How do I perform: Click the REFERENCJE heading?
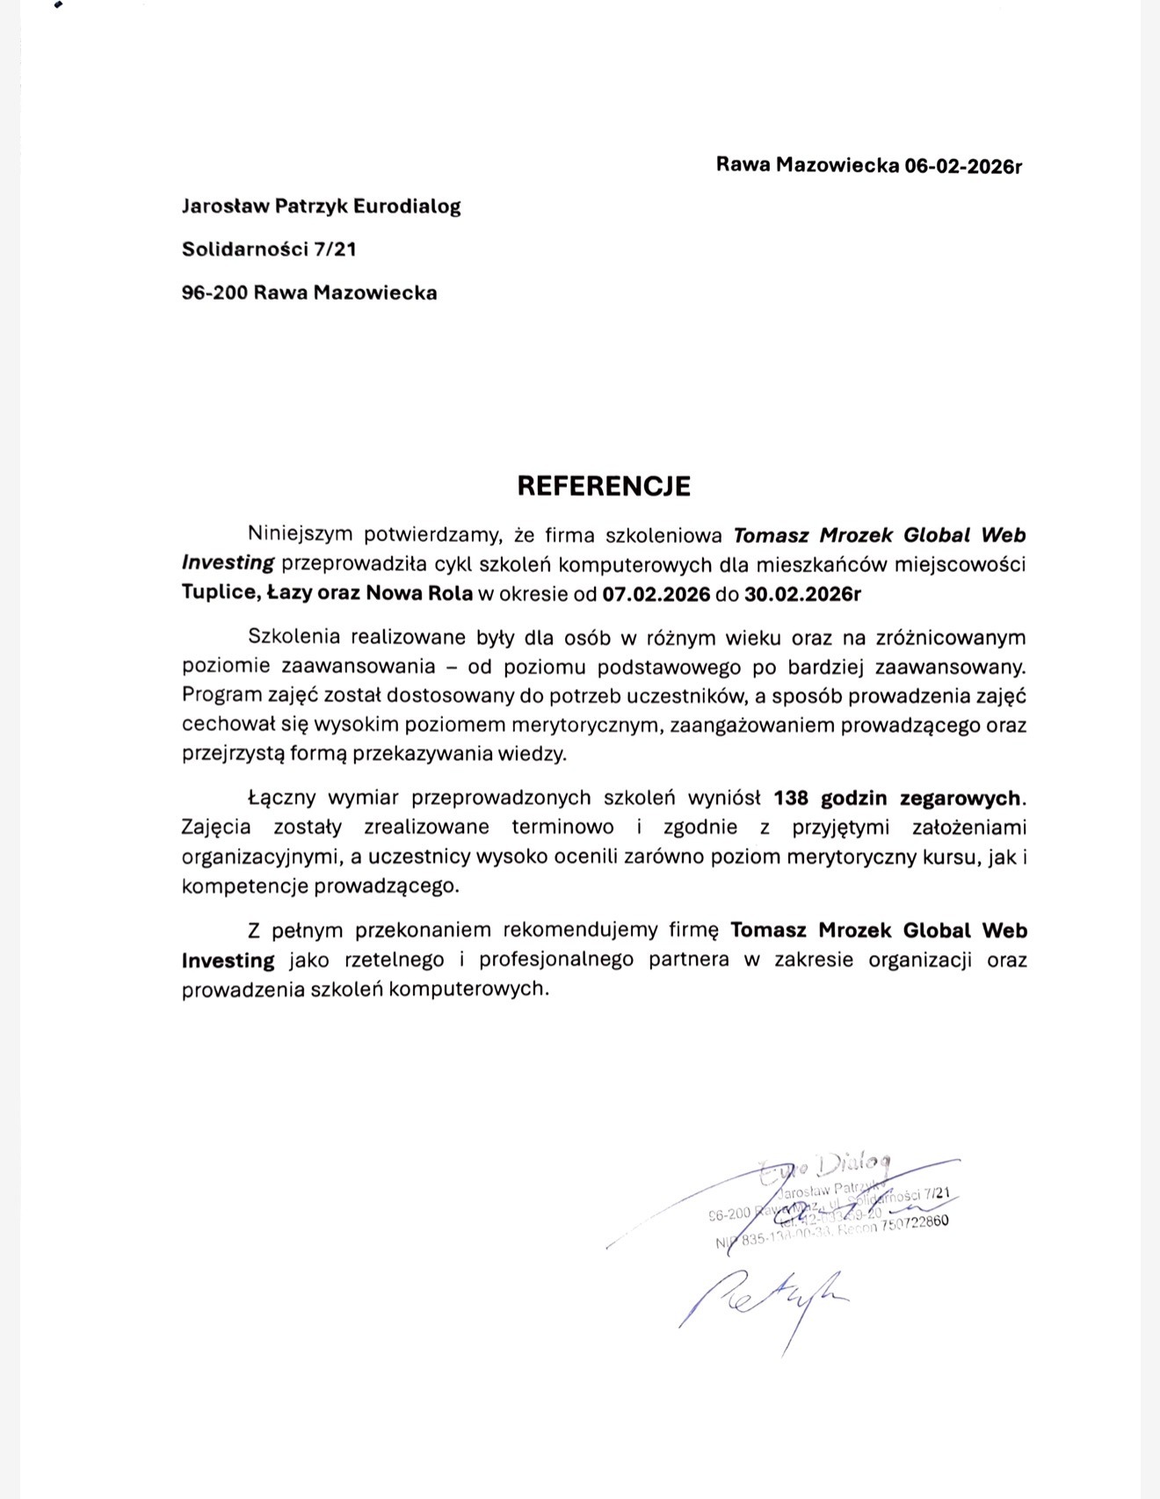pyautogui.click(x=604, y=486)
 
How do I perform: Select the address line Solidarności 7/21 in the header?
pyautogui.click(x=269, y=249)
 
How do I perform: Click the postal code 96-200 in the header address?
pyautogui.click(x=214, y=293)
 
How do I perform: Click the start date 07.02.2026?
pyautogui.click(x=656, y=593)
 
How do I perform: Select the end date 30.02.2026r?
pyautogui.click(x=802, y=593)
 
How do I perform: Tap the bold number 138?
pyautogui.click(x=791, y=798)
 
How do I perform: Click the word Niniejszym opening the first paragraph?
pyautogui.click(x=300, y=534)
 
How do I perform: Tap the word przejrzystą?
pyautogui.click(x=227, y=754)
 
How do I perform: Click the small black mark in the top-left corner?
pyautogui.click(x=58, y=5)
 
